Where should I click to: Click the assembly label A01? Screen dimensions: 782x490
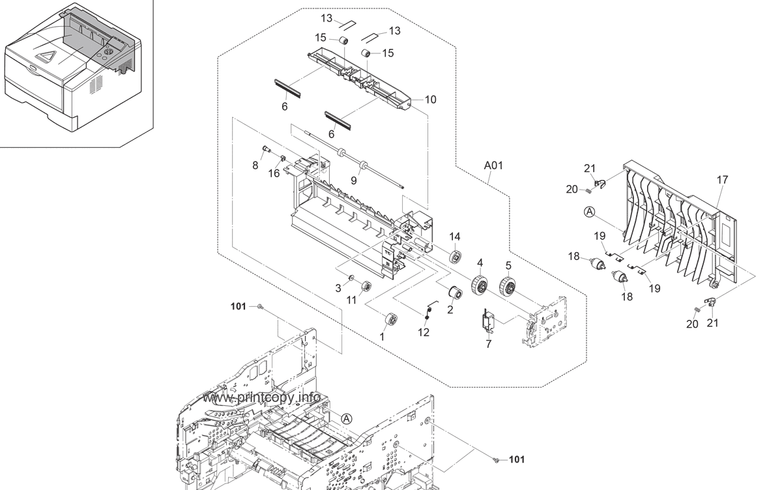(493, 166)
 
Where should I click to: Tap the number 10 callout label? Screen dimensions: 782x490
(431, 100)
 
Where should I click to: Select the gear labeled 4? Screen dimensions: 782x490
(479, 285)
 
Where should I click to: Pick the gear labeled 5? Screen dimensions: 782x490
(507, 287)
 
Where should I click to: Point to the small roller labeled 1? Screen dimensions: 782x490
(390, 319)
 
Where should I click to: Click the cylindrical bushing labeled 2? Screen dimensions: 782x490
(456, 293)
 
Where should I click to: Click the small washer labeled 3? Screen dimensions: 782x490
(351, 278)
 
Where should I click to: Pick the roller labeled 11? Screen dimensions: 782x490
(366, 287)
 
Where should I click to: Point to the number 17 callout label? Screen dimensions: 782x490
(722, 180)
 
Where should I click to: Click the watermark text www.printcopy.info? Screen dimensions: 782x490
(261, 397)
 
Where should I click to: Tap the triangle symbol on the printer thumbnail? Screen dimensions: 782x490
(45, 57)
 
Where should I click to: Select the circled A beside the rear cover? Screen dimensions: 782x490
(589, 212)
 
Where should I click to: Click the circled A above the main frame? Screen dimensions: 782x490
(346, 419)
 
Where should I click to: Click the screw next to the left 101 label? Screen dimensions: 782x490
(260, 307)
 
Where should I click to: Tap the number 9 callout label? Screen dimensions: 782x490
(354, 180)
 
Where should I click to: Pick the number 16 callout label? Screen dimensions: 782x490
(274, 173)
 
